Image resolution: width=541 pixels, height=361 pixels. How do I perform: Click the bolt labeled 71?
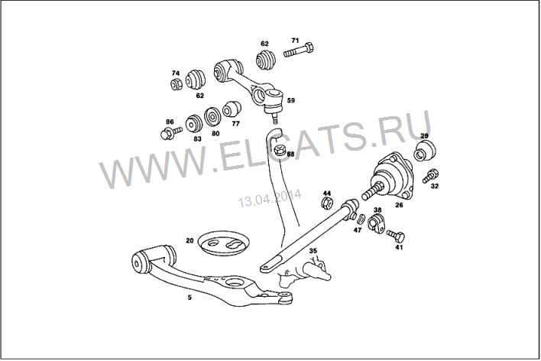[x=299, y=50]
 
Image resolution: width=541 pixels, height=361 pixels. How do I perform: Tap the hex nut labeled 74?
[x=177, y=84]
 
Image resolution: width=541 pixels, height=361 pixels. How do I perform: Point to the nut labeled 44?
[x=327, y=203]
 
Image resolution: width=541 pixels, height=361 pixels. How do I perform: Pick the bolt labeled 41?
[x=395, y=236]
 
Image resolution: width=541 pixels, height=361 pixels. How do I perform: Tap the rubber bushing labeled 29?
[x=425, y=151]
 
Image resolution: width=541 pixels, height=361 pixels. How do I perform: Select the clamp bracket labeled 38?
[x=375, y=224]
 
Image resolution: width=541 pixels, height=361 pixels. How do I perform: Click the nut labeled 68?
[x=280, y=150]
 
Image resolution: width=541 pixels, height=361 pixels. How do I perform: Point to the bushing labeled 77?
[x=232, y=109]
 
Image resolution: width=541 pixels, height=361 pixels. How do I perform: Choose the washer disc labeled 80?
[x=213, y=117]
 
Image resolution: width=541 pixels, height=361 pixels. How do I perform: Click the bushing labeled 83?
[x=194, y=123]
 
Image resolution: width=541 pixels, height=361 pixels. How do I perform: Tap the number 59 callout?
[x=291, y=100]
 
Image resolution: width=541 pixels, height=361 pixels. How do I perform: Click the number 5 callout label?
[x=190, y=297]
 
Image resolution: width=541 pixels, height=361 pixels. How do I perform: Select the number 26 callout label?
[x=399, y=205]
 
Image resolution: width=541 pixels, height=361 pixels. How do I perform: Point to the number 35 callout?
[x=313, y=251]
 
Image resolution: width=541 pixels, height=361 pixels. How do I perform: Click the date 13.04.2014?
[x=270, y=198]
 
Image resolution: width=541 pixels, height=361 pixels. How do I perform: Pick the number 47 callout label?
[x=357, y=229]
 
